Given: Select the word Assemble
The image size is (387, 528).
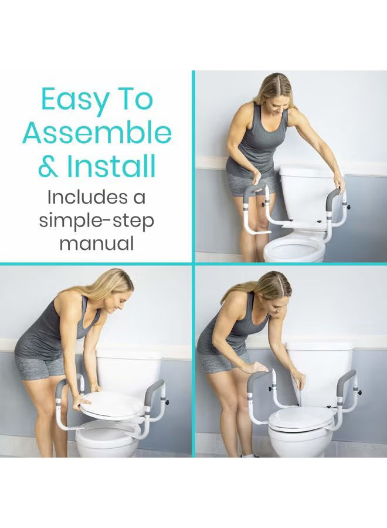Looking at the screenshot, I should (97, 134).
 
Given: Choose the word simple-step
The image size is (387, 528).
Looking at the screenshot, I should (97, 220).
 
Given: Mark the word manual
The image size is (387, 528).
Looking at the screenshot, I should (97, 242).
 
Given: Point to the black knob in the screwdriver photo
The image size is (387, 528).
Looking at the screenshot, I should (359, 392).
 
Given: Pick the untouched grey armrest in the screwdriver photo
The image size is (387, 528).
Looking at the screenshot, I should (346, 381).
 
